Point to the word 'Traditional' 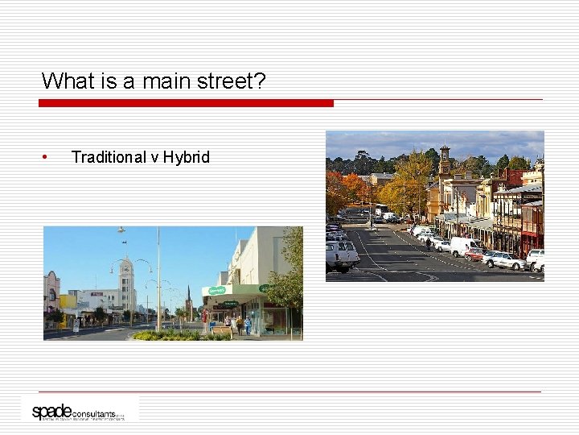click(108, 157)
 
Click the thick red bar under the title click(186, 103)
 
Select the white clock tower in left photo click(126, 282)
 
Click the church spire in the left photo click(187, 298)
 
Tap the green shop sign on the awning click(218, 291)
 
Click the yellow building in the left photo click(68, 302)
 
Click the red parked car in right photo click(475, 255)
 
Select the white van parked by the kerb click(463, 245)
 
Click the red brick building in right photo click(531, 226)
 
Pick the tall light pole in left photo click(158, 278)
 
